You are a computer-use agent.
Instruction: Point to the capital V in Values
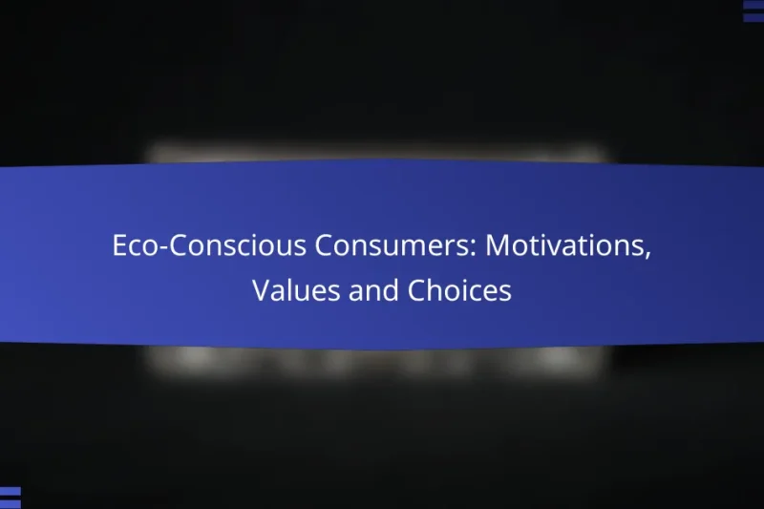coord(261,291)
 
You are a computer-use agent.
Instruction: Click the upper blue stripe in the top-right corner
coord(753,6)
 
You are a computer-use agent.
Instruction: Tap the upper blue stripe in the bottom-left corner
coord(11,491)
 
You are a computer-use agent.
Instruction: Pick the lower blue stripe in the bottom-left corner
coord(11,503)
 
